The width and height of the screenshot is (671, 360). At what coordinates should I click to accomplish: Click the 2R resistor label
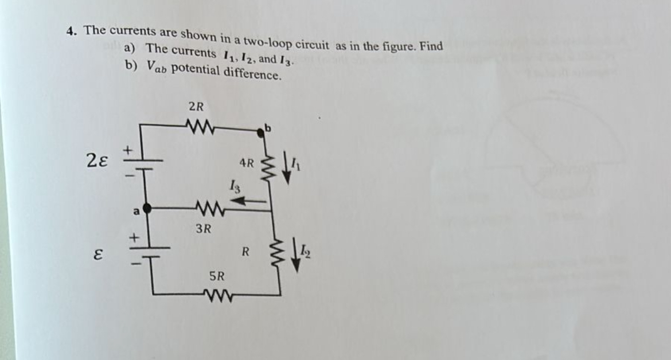point(196,106)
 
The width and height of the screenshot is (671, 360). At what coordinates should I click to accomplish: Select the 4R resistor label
point(246,163)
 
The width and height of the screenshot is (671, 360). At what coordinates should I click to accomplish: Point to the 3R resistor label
point(202,229)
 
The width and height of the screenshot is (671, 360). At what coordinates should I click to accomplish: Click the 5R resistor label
point(216,276)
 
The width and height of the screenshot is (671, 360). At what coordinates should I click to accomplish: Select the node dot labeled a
point(146,209)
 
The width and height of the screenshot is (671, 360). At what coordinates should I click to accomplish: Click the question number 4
point(71,30)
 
